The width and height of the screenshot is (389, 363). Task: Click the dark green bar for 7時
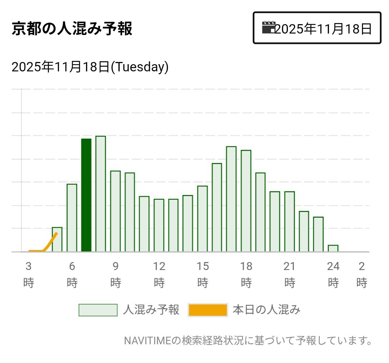pyautogui.click(x=86, y=195)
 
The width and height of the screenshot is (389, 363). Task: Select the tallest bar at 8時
pyautogui.click(x=100, y=194)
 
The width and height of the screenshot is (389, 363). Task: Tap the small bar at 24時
pyautogui.click(x=333, y=248)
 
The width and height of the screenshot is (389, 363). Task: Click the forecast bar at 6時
pyautogui.click(x=72, y=218)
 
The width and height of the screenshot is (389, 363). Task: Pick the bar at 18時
pyautogui.click(x=246, y=201)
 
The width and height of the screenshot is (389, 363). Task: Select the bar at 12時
pyautogui.click(x=159, y=225)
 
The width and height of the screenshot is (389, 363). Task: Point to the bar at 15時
pyautogui.click(x=202, y=219)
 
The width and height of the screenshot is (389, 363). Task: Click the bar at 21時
pyautogui.click(x=290, y=221)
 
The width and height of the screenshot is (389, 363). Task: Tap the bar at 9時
pyautogui.click(x=115, y=211)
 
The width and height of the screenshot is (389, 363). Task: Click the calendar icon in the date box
pyautogui.click(x=268, y=28)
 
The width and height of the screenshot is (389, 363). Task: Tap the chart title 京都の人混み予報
pyautogui.click(x=72, y=29)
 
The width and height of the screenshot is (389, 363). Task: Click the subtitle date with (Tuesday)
pyautogui.click(x=90, y=67)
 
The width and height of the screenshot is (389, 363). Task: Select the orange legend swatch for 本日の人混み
pyautogui.click(x=207, y=310)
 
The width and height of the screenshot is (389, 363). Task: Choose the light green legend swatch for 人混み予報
pyautogui.click(x=98, y=310)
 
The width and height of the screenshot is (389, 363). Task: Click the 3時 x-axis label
pyautogui.click(x=28, y=275)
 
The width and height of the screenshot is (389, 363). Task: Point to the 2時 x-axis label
pyautogui.click(x=362, y=275)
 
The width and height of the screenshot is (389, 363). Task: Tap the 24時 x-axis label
pyautogui.click(x=333, y=275)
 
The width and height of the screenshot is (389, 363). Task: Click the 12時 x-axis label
pyautogui.click(x=159, y=275)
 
